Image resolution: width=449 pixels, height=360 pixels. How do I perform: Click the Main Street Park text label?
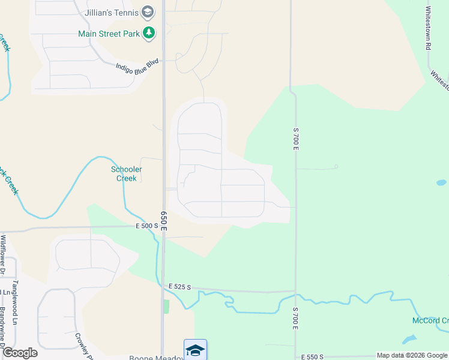[x=109, y=34]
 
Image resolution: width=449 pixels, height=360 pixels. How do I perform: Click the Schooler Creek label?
[x=127, y=173]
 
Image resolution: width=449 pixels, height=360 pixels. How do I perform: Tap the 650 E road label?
[x=163, y=221]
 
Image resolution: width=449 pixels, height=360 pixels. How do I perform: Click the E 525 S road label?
[x=179, y=287]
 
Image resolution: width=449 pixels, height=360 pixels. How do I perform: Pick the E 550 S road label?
[x=312, y=356]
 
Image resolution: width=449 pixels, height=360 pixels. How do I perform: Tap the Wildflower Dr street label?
[x=3, y=253]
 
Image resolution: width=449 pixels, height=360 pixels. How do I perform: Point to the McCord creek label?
[x=430, y=320]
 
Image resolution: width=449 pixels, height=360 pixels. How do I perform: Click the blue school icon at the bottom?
[x=195, y=350]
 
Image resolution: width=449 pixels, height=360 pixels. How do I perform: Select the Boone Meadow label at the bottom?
[x=156, y=358]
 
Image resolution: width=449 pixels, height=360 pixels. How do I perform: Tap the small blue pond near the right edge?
[x=441, y=182]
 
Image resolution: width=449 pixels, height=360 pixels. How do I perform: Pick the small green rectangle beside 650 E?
[x=167, y=306]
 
